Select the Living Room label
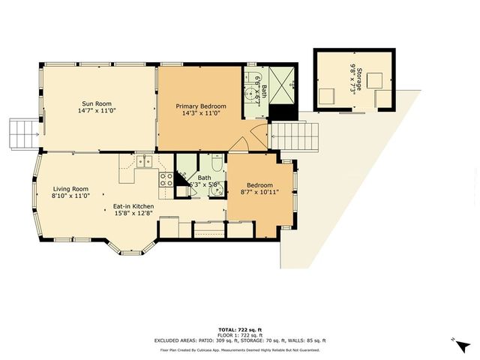pyautogui.click(x=70, y=189)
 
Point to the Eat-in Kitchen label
pyautogui.click(x=133, y=206)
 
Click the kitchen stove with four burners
pyautogui.click(x=166, y=180)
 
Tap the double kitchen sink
pyautogui.click(x=142, y=161)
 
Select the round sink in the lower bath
pyautogui.click(x=215, y=189)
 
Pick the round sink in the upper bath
pyautogui.click(x=250, y=94)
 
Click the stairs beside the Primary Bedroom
pyautogui.click(x=294, y=137)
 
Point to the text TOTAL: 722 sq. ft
pyautogui.click(x=239, y=329)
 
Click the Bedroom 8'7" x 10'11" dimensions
pyautogui.click(x=260, y=192)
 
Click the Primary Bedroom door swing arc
pyautogui.click(x=241, y=143)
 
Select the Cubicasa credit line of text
pyautogui.click(x=239, y=349)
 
